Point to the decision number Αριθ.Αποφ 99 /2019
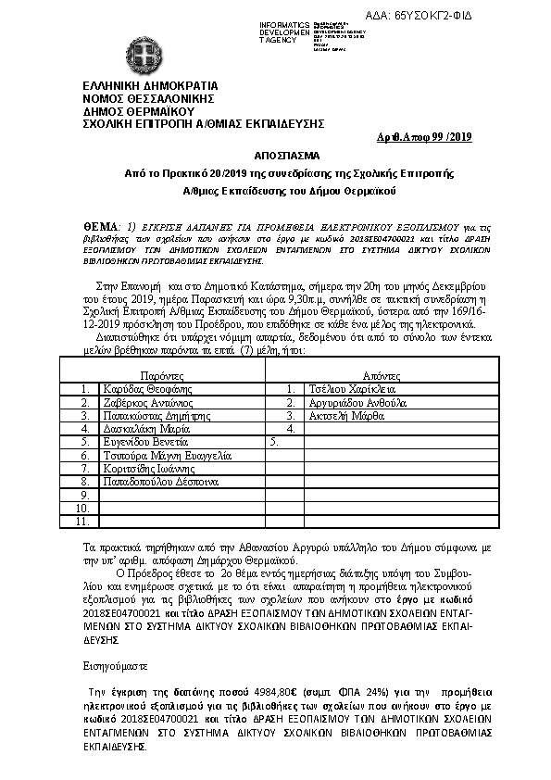pos(426,138)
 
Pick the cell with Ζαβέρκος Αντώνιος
pos(148,403)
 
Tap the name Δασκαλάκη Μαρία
pos(146,430)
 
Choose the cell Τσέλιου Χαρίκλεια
pos(347,390)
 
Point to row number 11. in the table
pos(81,522)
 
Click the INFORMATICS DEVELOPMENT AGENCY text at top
pos(286,30)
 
